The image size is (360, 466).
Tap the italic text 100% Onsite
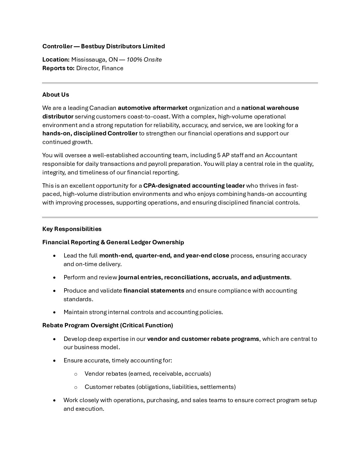point(144,60)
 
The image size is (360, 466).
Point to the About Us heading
point(56,95)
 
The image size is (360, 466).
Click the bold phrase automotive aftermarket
point(153,108)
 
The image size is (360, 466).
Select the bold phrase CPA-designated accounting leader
point(194,185)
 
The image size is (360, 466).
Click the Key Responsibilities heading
point(72,229)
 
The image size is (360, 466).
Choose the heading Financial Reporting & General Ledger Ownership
point(113,242)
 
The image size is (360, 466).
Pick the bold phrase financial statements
point(154,291)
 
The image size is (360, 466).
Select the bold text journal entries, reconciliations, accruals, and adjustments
point(204,277)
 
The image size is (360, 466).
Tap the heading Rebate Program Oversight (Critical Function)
point(108,325)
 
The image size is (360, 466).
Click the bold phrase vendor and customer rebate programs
point(203,339)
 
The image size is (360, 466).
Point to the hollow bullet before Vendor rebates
point(76,374)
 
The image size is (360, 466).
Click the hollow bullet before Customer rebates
point(76,387)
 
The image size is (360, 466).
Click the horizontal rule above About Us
point(180,83)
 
